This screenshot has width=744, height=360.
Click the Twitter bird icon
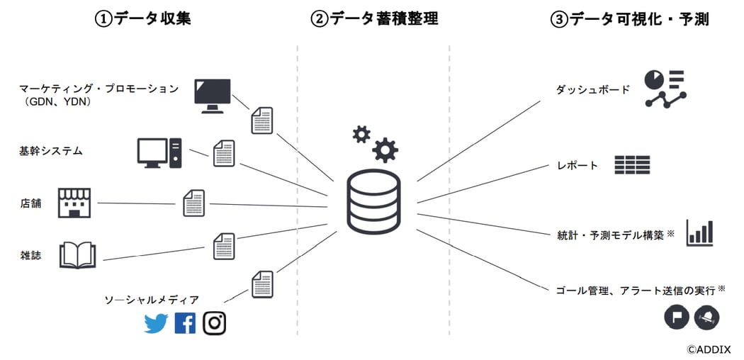(x=156, y=323)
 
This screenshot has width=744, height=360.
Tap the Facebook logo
(x=185, y=323)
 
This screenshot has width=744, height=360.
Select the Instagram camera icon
(x=214, y=323)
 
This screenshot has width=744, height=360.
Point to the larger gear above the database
(x=385, y=150)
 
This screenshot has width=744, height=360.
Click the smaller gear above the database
(x=361, y=134)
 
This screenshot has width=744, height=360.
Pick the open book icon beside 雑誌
(x=77, y=255)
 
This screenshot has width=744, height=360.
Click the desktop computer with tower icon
(x=159, y=152)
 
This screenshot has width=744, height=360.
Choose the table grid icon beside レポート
(x=632, y=165)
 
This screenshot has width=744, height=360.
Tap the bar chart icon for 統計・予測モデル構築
(x=699, y=233)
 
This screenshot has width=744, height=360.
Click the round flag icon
(x=676, y=317)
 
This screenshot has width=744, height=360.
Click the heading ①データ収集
(x=143, y=19)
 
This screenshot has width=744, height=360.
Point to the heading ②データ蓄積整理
(x=374, y=19)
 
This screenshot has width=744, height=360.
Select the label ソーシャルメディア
(x=152, y=300)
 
